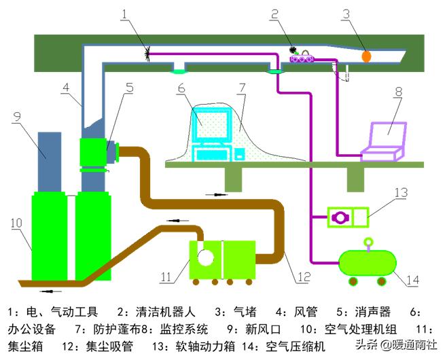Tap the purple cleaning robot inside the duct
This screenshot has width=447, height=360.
pyautogui.click(x=303, y=59)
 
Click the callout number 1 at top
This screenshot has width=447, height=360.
pyautogui.click(x=123, y=12)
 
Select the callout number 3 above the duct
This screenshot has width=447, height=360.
pyautogui.click(x=364, y=12)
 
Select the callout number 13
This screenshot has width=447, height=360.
pyautogui.click(x=401, y=193)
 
